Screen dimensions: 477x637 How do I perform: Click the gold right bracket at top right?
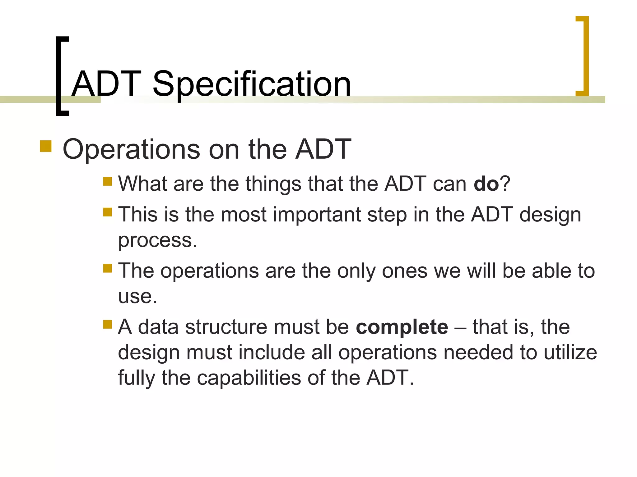tap(584, 56)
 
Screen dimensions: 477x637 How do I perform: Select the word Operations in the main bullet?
tap(131, 150)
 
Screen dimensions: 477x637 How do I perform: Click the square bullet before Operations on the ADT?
tap(46, 146)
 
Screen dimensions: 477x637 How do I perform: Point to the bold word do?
tap(486, 184)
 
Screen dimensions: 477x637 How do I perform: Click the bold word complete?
tap(402, 327)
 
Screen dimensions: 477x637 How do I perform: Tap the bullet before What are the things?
tap(107, 181)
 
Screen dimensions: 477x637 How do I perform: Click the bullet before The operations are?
tap(107, 268)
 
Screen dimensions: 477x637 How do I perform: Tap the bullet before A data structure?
tap(107, 325)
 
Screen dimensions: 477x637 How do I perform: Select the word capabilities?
tap(249, 378)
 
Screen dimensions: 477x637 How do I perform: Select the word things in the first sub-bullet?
tap(273, 184)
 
